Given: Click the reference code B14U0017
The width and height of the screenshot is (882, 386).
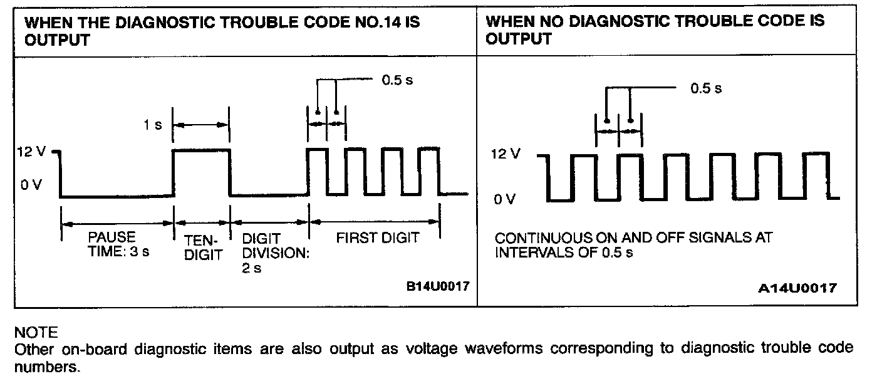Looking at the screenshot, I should click(x=438, y=286).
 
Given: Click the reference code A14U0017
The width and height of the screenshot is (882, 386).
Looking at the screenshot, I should click(x=797, y=288).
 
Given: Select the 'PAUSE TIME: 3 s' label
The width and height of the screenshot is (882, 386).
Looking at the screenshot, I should click(x=112, y=244).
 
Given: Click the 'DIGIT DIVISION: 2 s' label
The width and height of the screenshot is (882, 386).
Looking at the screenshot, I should click(x=270, y=253).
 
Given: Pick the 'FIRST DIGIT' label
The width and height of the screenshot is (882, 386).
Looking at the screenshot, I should click(x=377, y=238).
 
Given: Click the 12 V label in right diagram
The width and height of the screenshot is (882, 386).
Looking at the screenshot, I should click(x=506, y=154).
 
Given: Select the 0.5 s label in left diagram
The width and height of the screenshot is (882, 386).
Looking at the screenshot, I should click(x=398, y=80).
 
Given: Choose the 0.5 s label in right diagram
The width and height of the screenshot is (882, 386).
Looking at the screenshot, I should click(x=706, y=88).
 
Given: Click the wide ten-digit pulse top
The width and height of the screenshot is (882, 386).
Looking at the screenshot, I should click(x=201, y=150).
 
